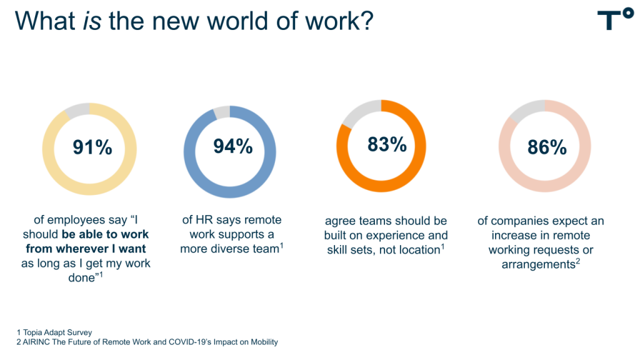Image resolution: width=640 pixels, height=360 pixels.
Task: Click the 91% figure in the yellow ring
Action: [92, 147]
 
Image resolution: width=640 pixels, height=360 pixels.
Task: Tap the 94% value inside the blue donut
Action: [233, 146]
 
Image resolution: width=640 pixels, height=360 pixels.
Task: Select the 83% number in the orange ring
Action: [387, 144]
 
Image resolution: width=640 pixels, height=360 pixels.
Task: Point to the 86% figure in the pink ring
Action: [547, 148]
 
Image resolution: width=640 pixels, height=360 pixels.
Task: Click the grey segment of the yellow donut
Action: [77, 111]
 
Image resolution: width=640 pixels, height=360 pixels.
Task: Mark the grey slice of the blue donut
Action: [222, 113]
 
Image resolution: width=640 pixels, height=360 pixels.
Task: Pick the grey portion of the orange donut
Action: [360, 112]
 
